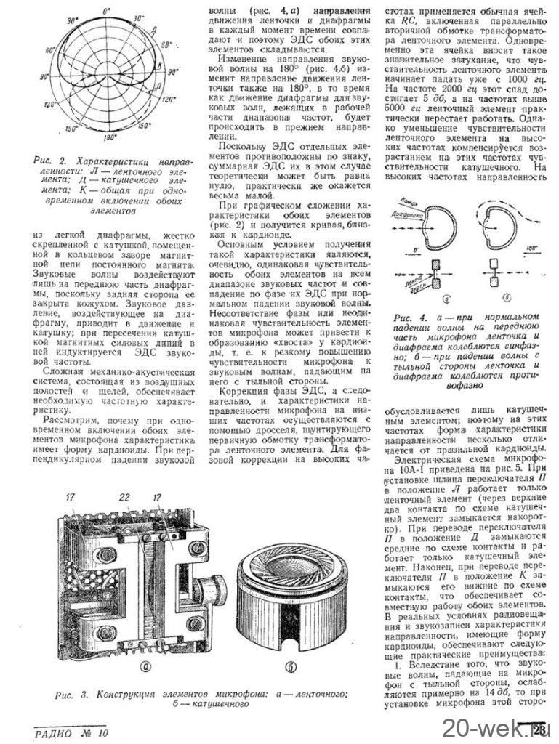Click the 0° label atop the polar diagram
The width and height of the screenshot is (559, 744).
pyautogui.click(x=107, y=11)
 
